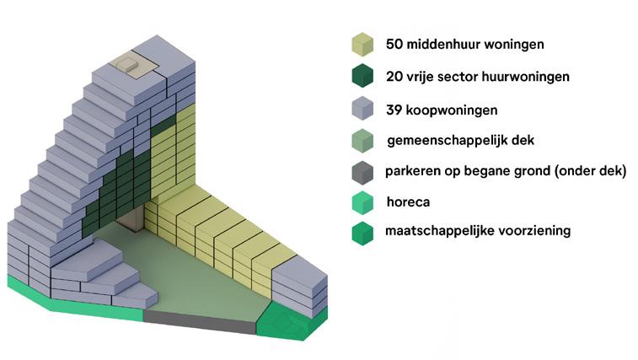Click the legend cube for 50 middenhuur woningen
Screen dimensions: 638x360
pos(362,43)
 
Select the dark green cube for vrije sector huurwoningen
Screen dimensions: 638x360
pos(362,76)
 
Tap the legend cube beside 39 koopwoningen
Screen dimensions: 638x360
pos(362,109)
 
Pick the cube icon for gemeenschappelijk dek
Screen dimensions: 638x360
pos(362,140)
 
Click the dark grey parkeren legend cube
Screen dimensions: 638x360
pos(362,171)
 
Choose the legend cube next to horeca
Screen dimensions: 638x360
pos(362,202)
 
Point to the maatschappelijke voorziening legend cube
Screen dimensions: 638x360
pos(362,234)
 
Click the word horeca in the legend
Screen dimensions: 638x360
pos(407,201)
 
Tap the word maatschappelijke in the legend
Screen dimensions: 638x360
pos(439,230)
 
